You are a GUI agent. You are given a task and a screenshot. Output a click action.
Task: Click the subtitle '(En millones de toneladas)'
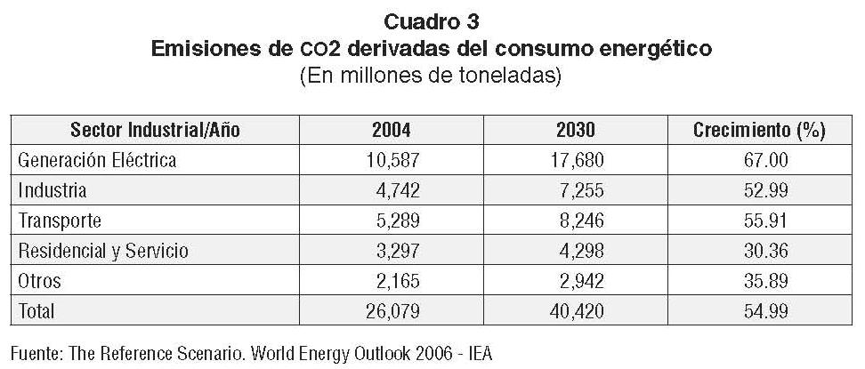coord(432,76)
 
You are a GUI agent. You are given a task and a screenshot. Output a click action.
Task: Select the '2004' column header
coord(391,131)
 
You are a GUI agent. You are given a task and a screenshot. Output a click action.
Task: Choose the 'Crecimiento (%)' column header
coord(759,131)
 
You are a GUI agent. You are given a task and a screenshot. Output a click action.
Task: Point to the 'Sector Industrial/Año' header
coord(156,131)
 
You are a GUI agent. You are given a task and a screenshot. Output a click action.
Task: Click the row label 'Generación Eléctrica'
coord(97,161)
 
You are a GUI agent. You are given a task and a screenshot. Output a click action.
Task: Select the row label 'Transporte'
coord(60,221)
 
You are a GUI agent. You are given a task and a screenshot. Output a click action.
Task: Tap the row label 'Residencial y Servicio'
coord(102,251)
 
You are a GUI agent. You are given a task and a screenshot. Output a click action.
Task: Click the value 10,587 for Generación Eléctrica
coord(391,161)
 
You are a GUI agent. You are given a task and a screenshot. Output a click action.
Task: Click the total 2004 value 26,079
coord(391,311)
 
